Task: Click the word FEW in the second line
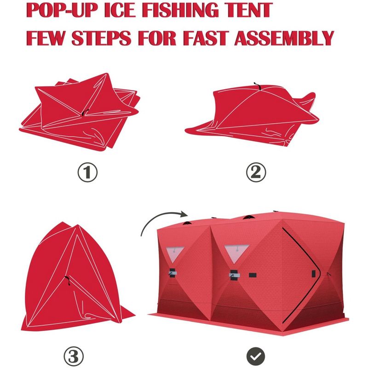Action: (x=46, y=38)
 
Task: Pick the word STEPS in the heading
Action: (x=101, y=38)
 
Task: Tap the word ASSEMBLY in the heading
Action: (x=284, y=38)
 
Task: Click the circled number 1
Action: (x=87, y=172)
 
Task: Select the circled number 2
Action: (x=256, y=172)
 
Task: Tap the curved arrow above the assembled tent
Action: (x=158, y=216)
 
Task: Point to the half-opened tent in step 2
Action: (x=252, y=115)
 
